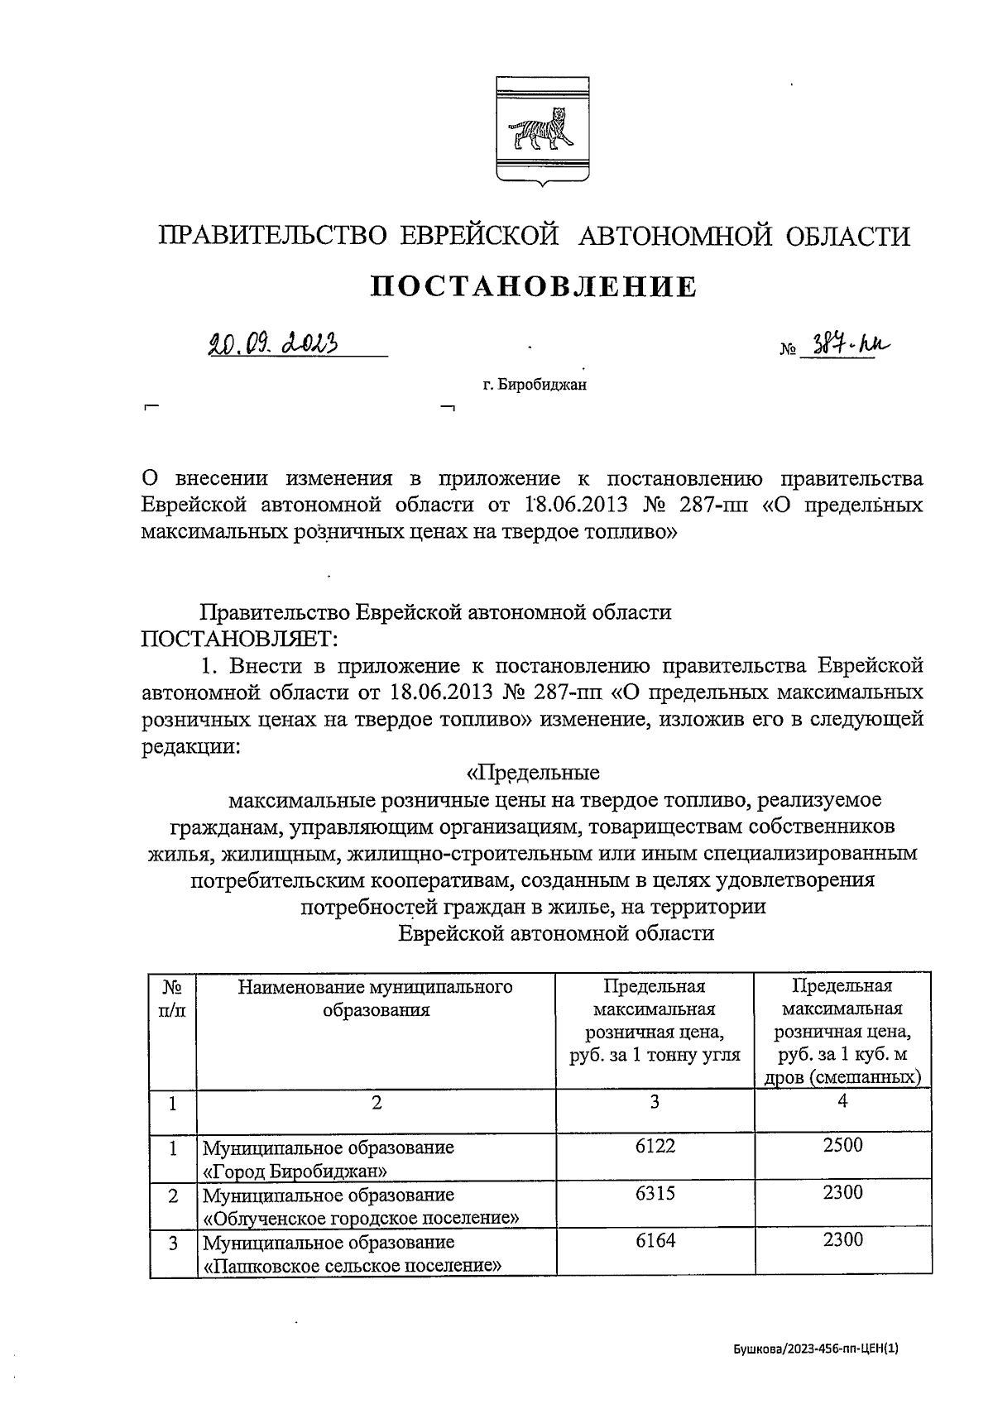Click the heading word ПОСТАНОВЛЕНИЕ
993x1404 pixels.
coord(534,287)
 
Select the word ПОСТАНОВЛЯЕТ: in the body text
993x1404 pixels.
coord(239,639)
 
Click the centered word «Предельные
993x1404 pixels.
coord(533,773)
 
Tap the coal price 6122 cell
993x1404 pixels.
coord(654,1146)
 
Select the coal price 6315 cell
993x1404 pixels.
coord(654,1193)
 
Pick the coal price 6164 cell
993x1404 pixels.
coord(654,1240)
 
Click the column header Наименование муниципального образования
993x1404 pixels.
coord(376,998)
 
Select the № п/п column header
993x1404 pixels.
coord(172,998)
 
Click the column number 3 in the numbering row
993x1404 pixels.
coord(654,1102)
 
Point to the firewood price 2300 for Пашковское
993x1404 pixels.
coord(842,1239)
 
